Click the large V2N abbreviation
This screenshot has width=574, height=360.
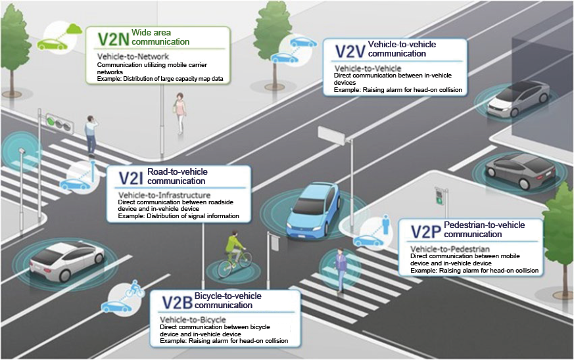[114, 39]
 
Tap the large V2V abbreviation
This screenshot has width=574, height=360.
[350, 51]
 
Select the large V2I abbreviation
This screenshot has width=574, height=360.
[131, 179]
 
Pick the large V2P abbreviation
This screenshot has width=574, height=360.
[426, 232]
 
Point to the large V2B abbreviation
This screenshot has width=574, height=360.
[177, 303]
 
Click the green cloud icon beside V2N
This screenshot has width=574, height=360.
[74, 28]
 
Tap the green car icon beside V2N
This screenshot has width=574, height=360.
[53, 44]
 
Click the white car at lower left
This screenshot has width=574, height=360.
[66, 259]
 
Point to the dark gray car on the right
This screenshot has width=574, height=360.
[520, 170]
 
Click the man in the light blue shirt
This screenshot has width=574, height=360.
[91, 136]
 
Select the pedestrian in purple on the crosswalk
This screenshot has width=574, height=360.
[341, 269]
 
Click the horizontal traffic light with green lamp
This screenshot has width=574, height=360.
[59, 123]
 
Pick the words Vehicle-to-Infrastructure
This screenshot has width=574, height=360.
[164, 195]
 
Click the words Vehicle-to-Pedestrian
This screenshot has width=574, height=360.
[450, 249]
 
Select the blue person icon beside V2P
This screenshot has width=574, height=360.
[385, 224]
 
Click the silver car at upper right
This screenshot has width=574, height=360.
[518, 99]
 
